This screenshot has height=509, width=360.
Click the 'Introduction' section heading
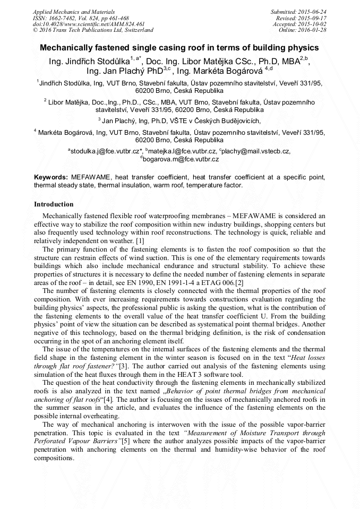point(54,204)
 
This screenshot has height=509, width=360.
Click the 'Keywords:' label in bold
point(50,177)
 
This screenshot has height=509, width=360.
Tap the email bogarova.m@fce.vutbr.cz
point(181,159)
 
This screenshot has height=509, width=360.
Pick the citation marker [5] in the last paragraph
point(125,441)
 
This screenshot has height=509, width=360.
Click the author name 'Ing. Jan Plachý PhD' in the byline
point(125,70)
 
